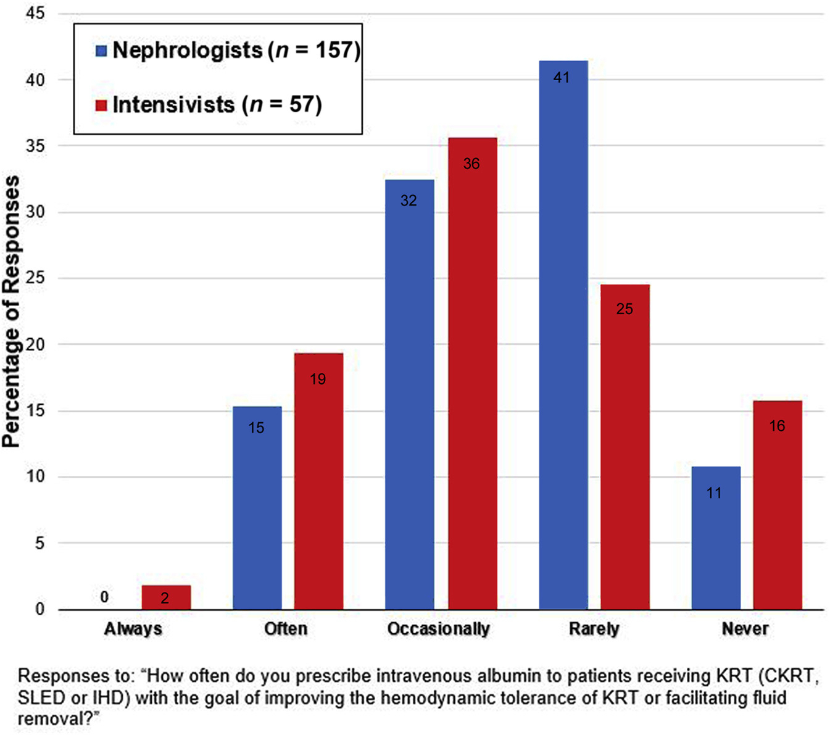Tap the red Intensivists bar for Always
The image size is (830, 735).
click(166, 597)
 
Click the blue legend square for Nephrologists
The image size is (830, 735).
click(101, 51)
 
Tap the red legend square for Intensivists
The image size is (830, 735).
click(101, 105)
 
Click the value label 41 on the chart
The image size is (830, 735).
click(562, 78)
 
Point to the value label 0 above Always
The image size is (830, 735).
click(104, 597)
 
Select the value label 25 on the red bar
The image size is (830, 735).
click(625, 309)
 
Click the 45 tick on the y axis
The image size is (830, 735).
click(36, 14)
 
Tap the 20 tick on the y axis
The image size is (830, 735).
click(36, 344)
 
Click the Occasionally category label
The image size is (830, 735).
click(438, 629)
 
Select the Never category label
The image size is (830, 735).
click(745, 629)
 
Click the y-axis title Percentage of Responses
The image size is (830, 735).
click(11, 312)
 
